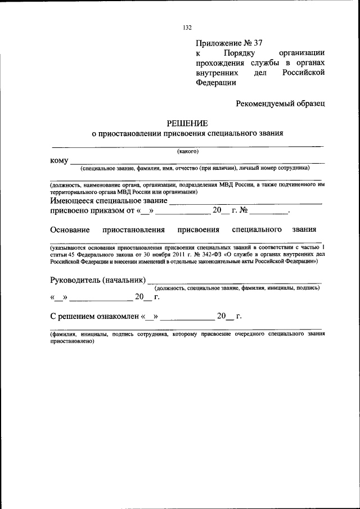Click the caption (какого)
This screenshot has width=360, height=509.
[187, 151]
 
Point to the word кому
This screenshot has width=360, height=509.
[59, 160]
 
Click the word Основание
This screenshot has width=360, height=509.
[70, 229]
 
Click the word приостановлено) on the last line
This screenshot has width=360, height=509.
[67, 341]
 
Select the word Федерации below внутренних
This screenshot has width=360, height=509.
[216, 82]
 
